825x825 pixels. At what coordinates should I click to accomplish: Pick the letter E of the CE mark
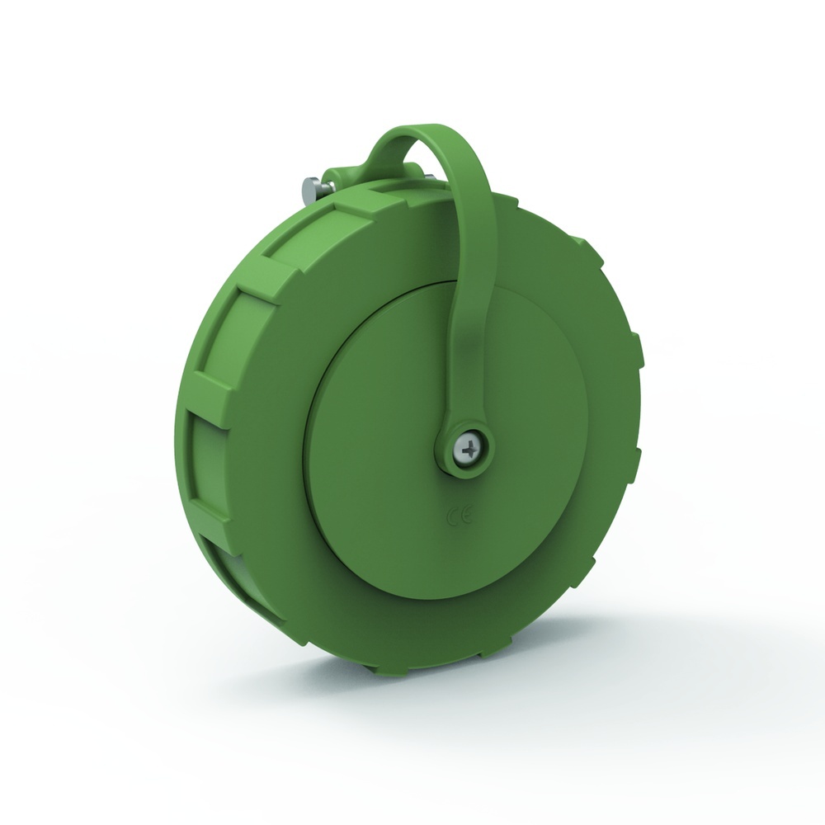click(465, 517)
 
